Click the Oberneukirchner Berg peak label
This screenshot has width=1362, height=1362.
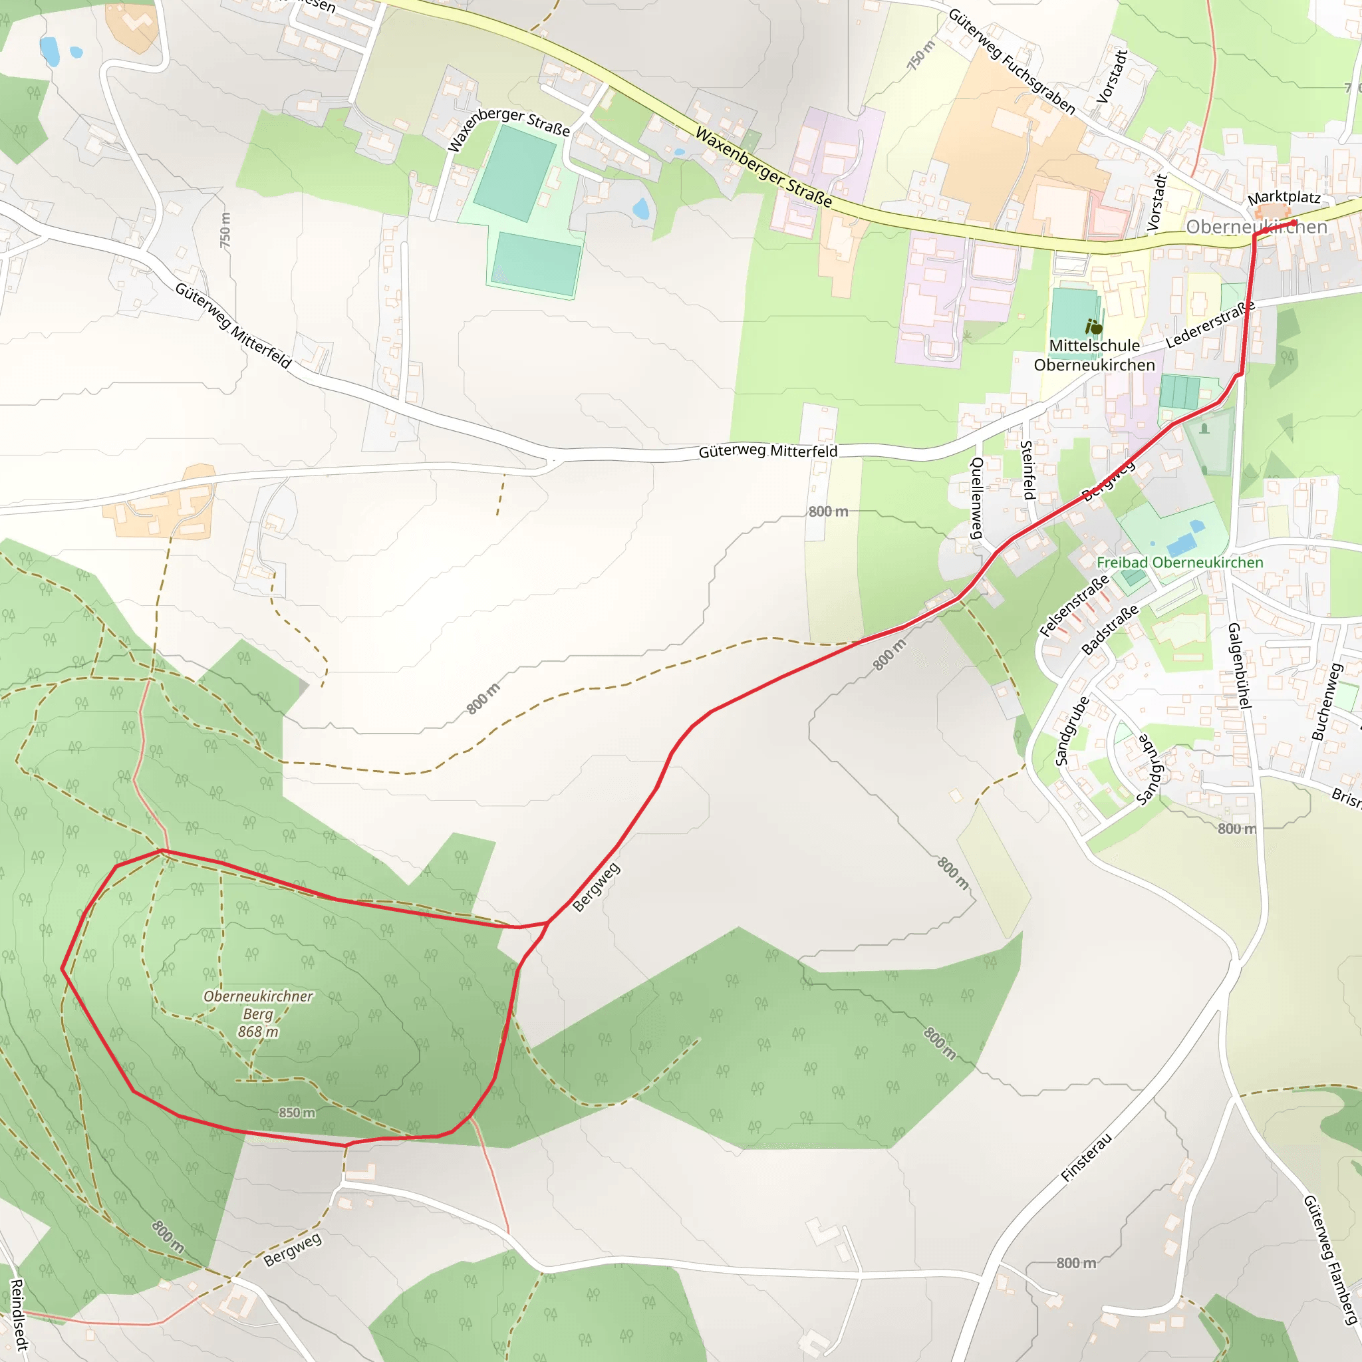pos(258,1014)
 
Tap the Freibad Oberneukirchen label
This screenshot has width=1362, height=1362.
pos(1179,563)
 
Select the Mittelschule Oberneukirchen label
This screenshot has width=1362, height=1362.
pos(1094,355)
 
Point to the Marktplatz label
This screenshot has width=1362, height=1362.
pos(1284,198)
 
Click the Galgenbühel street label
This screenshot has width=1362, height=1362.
pos(1238,666)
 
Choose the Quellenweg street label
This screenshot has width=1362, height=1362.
pos(976,497)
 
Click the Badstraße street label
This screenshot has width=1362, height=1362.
pos(1110,630)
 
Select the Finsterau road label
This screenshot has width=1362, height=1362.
pos(1087,1157)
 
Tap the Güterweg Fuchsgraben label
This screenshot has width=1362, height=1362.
pos(1012,61)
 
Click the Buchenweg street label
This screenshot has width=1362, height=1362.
pos(1325,702)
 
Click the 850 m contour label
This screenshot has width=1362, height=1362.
pos(297,1113)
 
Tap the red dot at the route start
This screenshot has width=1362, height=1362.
pos(1294,223)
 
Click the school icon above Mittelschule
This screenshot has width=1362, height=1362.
pos(1094,327)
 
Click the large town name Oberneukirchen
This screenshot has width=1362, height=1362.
pos(1256,227)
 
